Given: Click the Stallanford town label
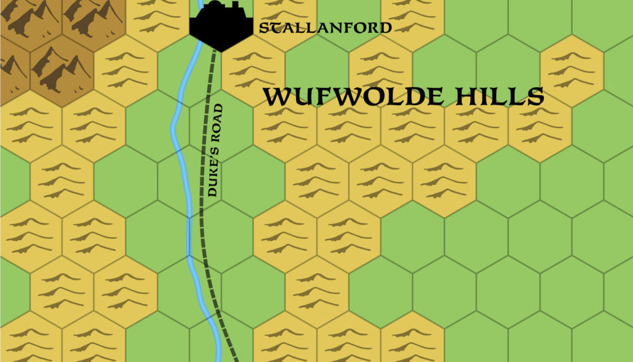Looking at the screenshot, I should (x=325, y=28).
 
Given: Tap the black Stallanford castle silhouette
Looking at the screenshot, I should (x=220, y=28).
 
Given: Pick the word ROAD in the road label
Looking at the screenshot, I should (x=216, y=124).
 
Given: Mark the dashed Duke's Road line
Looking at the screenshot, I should (x=205, y=248).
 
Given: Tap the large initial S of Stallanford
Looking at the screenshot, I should (x=264, y=28).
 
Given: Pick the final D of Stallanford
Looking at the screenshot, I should (x=386, y=28).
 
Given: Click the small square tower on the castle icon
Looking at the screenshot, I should (x=235, y=6).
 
